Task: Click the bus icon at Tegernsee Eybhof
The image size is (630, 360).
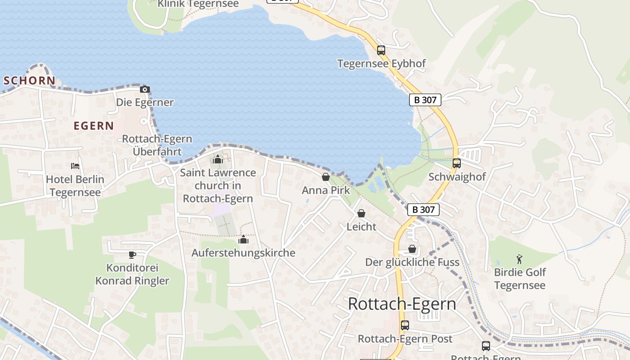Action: (x=381, y=50)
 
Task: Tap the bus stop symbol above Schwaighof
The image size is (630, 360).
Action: (x=457, y=163)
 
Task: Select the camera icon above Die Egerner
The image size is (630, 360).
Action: (x=144, y=89)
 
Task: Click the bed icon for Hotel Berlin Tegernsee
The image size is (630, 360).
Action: (x=75, y=166)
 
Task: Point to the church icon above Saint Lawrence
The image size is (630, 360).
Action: (x=218, y=159)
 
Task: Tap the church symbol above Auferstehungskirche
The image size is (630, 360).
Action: (x=243, y=239)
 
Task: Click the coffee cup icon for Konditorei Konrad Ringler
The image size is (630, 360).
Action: (x=132, y=255)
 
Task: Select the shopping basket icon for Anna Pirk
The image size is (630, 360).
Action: (x=326, y=177)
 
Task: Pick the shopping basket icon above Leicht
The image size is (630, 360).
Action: (x=361, y=213)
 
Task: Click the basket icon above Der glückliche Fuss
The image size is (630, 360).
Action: (x=412, y=249)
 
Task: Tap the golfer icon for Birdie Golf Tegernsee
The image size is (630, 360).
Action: (x=520, y=259)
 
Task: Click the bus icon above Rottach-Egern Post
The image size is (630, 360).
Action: (x=405, y=325)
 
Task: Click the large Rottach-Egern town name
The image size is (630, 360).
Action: (x=402, y=304)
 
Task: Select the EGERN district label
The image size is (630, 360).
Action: (x=94, y=126)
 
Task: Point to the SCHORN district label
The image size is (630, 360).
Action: (x=29, y=81)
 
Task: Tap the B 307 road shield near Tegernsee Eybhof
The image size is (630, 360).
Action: (x=425, y=100)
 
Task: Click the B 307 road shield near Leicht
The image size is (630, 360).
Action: (x=423, y=209)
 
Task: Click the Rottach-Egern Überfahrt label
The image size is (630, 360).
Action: (x=157, y=145)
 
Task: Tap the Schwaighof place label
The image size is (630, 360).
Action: (x=457, y=177)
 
